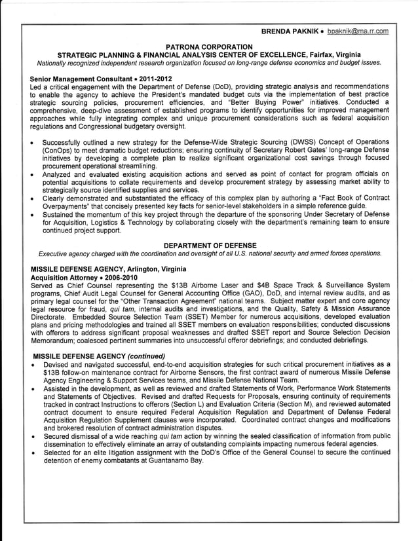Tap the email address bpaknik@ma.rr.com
point(359,31)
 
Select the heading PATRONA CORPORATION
point(209,47)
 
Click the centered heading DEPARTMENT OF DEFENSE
point(209,245)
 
